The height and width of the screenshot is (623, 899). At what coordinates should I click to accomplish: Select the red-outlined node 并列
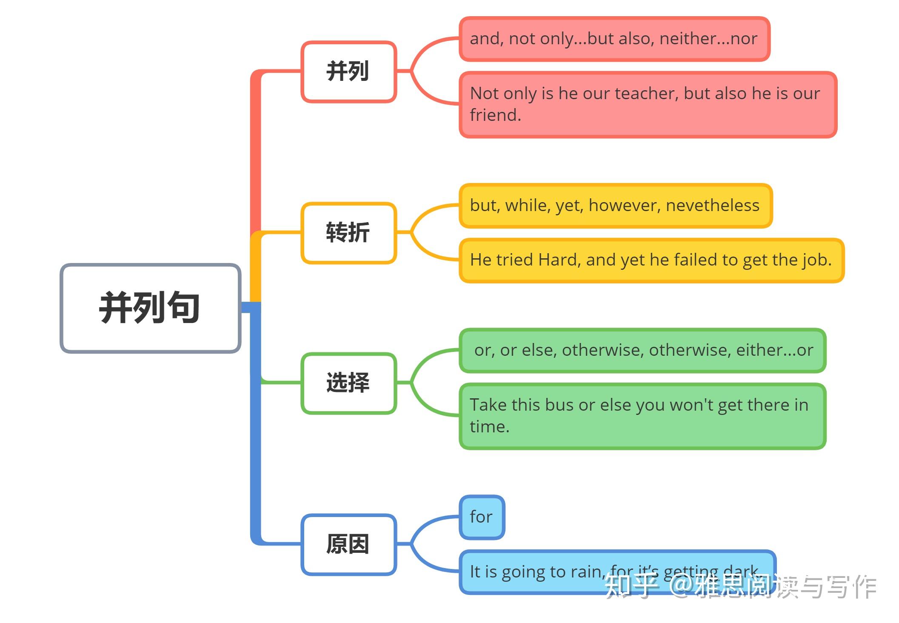point(348,71)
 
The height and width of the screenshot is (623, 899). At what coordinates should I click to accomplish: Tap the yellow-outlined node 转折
point(348,233)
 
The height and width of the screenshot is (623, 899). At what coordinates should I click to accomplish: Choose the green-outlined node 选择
point(348,383)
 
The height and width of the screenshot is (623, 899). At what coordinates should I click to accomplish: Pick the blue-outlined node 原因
point(348,544)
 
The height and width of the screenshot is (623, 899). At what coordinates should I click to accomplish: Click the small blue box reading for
point(481,517)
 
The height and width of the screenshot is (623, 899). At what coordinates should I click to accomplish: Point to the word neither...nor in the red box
point(708,39)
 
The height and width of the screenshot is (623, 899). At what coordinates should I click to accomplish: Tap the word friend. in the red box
point(495,115)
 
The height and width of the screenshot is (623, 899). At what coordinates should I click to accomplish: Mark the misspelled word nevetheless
point(713,206)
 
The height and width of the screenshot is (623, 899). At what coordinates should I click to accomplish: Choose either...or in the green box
point(775,350)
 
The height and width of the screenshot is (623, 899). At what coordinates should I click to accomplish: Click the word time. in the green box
point(489,427)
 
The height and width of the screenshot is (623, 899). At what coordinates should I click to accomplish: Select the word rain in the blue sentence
point(587,572)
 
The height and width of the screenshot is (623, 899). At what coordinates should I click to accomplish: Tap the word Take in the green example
point(488,405)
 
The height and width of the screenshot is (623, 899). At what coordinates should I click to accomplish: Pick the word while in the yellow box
point(527,206)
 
